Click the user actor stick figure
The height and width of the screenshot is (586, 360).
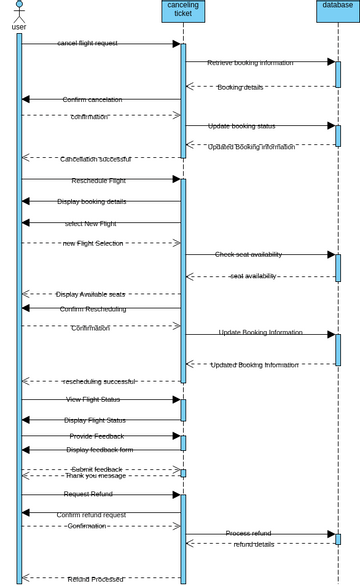[x=19, y=12]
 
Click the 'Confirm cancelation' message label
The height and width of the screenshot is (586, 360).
[x=92, y=99]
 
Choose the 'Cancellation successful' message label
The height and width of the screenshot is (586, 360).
[x=95, y=159]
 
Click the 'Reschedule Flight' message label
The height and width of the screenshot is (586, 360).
[x=98, y=181]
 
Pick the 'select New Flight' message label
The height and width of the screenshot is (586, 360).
[x=90, y=223]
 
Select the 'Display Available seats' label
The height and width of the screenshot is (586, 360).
[x=90, y=294]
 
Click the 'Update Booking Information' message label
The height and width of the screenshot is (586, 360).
[x=260, y=332]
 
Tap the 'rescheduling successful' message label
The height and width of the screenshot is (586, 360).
[x=99, y=381]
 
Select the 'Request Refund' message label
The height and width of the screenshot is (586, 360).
[x=88, y=494]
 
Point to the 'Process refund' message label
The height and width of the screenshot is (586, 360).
[x=248, y=533]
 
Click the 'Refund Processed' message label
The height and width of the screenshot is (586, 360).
[x=95, y=579]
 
